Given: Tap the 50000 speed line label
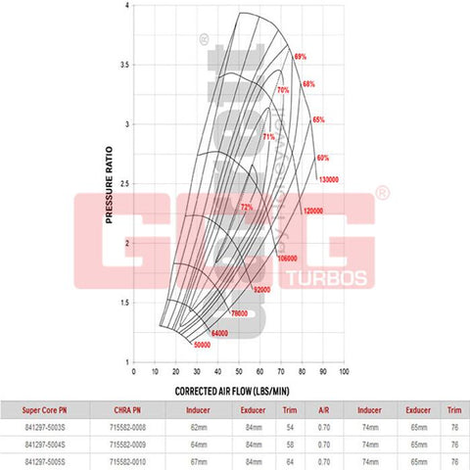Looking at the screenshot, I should point(203,345).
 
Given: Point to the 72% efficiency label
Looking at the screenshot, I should point(247,207).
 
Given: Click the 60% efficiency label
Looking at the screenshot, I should point(324,158).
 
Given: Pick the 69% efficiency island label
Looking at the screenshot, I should point(301,57).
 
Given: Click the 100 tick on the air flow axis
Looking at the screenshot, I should point(345,372).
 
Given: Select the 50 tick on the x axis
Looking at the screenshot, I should point(240,372).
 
